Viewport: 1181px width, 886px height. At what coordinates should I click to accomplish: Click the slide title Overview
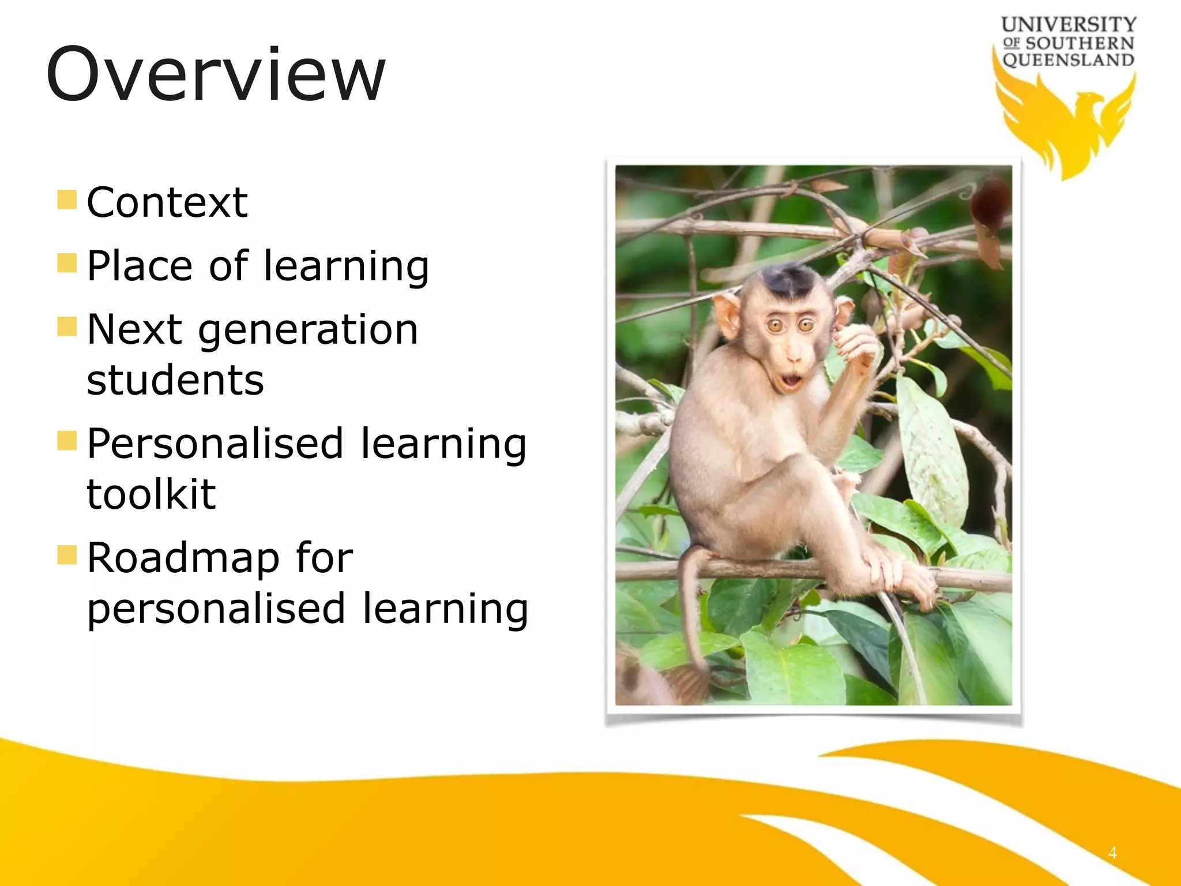point(215,75)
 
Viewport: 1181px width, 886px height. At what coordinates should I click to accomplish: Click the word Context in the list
point(167,202)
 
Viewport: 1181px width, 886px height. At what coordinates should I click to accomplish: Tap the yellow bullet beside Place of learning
point(67,263)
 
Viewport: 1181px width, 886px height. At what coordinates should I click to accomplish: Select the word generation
point(309,330)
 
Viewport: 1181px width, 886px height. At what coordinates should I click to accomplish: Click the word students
point(175,381)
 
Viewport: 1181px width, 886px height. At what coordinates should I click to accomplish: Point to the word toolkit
point(151,494)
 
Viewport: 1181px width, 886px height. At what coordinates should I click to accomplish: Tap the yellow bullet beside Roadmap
point(67,555)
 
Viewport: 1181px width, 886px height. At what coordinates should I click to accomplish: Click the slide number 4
point(1112,853)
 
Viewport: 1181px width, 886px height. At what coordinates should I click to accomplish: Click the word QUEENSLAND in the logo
point(1068,60)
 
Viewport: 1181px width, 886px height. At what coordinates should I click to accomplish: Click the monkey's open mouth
point(791,380)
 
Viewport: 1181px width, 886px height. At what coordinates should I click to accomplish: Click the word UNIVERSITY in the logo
point(1068,25)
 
